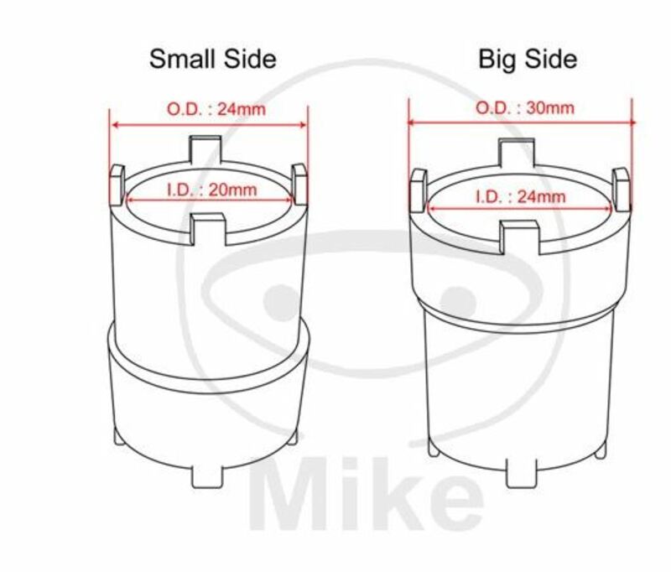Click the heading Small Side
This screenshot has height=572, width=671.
[x=212, y=59]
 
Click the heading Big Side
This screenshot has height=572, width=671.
[x=527, y=59]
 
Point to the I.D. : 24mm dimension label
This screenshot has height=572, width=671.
[x=520, y=195]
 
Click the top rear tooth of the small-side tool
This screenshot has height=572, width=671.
[x=207, y=148]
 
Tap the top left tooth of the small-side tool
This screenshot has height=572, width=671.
[x=118, y=184]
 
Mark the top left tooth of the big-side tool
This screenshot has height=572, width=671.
[x=416, y=190]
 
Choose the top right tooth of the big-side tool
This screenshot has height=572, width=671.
[x=621, y=189]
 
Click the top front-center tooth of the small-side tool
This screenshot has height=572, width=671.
[x=210, y=226]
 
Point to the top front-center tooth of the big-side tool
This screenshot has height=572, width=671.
[x=518, y=234]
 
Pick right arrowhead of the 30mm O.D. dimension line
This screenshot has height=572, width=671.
[x=630, y=122]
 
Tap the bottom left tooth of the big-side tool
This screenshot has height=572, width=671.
[x=434, y=450]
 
